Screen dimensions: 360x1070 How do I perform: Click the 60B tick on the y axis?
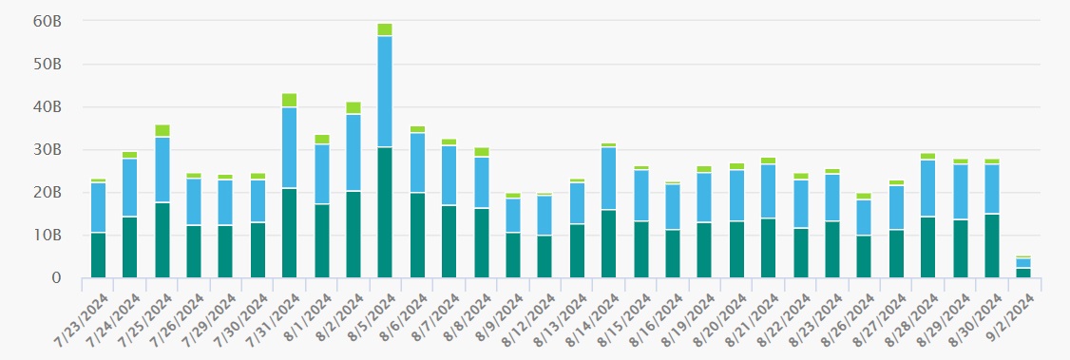[x=48, y=21]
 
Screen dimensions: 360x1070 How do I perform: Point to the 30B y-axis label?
[x=48, y=150]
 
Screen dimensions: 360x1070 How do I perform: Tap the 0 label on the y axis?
[x=57, y=278]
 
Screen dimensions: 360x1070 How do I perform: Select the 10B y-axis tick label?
[x=48, y=236]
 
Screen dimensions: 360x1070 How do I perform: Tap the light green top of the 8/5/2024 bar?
[x=384, y=29]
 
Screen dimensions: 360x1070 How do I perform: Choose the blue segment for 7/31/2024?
[x=289, y=147]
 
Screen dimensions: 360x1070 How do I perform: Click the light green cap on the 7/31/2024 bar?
[x=289, y=100]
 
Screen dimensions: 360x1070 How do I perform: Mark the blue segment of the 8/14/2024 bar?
[x=608, y=179]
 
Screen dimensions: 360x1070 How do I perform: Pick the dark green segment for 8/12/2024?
[x=545, y=256]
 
